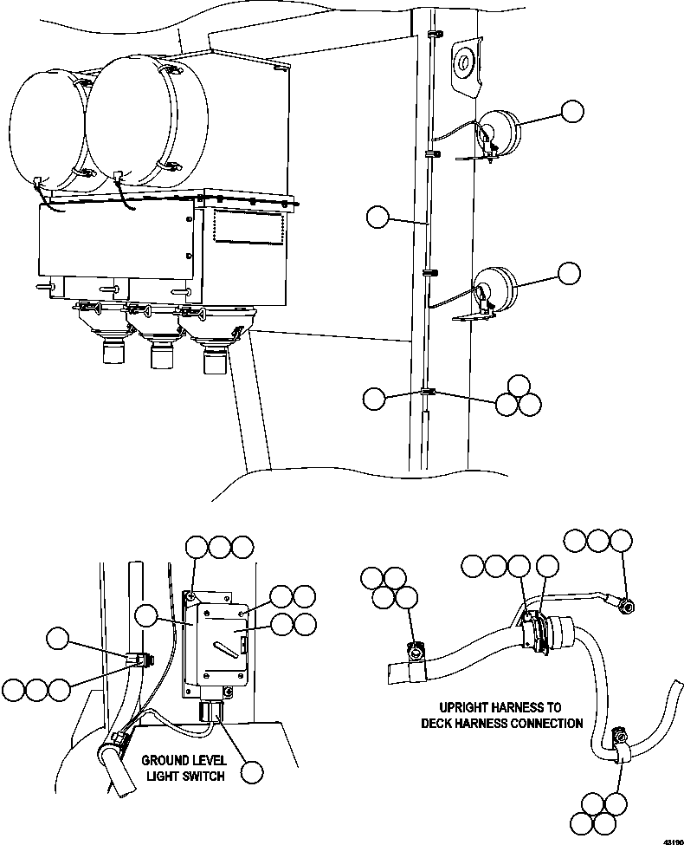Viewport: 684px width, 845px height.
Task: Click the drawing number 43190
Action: click(674, 842)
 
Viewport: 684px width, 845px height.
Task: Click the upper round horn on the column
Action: click(497, 133)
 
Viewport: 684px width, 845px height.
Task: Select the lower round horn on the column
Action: click(494, 290)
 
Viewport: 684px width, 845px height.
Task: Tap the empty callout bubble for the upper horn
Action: click(572, 112)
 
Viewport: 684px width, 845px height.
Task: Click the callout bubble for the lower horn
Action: click(570, 273)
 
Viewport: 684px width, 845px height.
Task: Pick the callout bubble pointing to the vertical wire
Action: click(377, 218)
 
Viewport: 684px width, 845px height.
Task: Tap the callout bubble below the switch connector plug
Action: click(252, 772)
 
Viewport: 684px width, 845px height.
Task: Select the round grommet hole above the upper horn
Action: click(462, 63)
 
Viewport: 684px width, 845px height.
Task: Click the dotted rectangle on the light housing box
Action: click(248, 226)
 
